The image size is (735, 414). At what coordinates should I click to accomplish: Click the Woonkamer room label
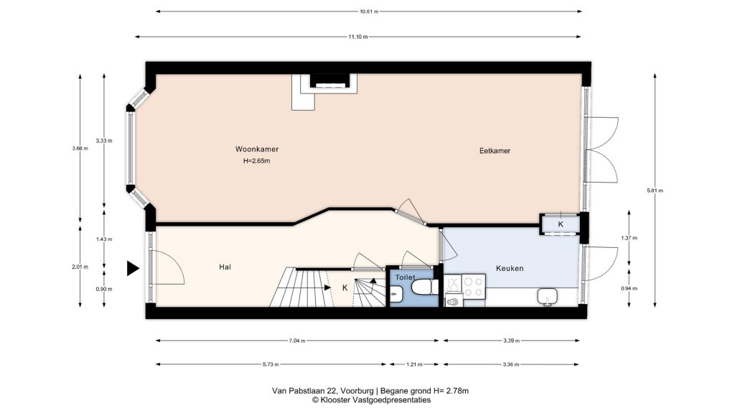tap(257, 149)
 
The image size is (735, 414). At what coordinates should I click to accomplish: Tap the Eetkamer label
tap(495, 151)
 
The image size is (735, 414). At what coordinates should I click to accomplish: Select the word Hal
tap(225, 267)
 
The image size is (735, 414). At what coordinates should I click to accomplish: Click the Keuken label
tap(510, 269)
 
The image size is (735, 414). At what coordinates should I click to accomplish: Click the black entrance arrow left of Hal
tap(133, 269)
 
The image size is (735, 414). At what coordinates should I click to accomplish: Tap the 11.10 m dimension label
tap(357, 37)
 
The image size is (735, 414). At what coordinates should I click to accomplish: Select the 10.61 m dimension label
tap(369, 11)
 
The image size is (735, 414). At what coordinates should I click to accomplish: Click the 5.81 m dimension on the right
tap(655, 190)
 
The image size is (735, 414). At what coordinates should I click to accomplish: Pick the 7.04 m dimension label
tap(297, 341)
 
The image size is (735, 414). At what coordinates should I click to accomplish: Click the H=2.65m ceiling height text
tap(256, 161)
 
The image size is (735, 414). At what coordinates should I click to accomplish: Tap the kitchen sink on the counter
tap(547, 297)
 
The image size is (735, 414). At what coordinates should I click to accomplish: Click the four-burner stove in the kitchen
tap(474, 287)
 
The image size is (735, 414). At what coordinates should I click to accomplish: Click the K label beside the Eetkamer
tap(561, 224)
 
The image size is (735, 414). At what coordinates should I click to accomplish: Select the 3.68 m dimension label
tap(80, 148)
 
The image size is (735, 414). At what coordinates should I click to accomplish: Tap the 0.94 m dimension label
tap(629, 289)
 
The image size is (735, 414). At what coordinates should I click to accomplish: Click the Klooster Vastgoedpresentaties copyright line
tap(371, 400)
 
